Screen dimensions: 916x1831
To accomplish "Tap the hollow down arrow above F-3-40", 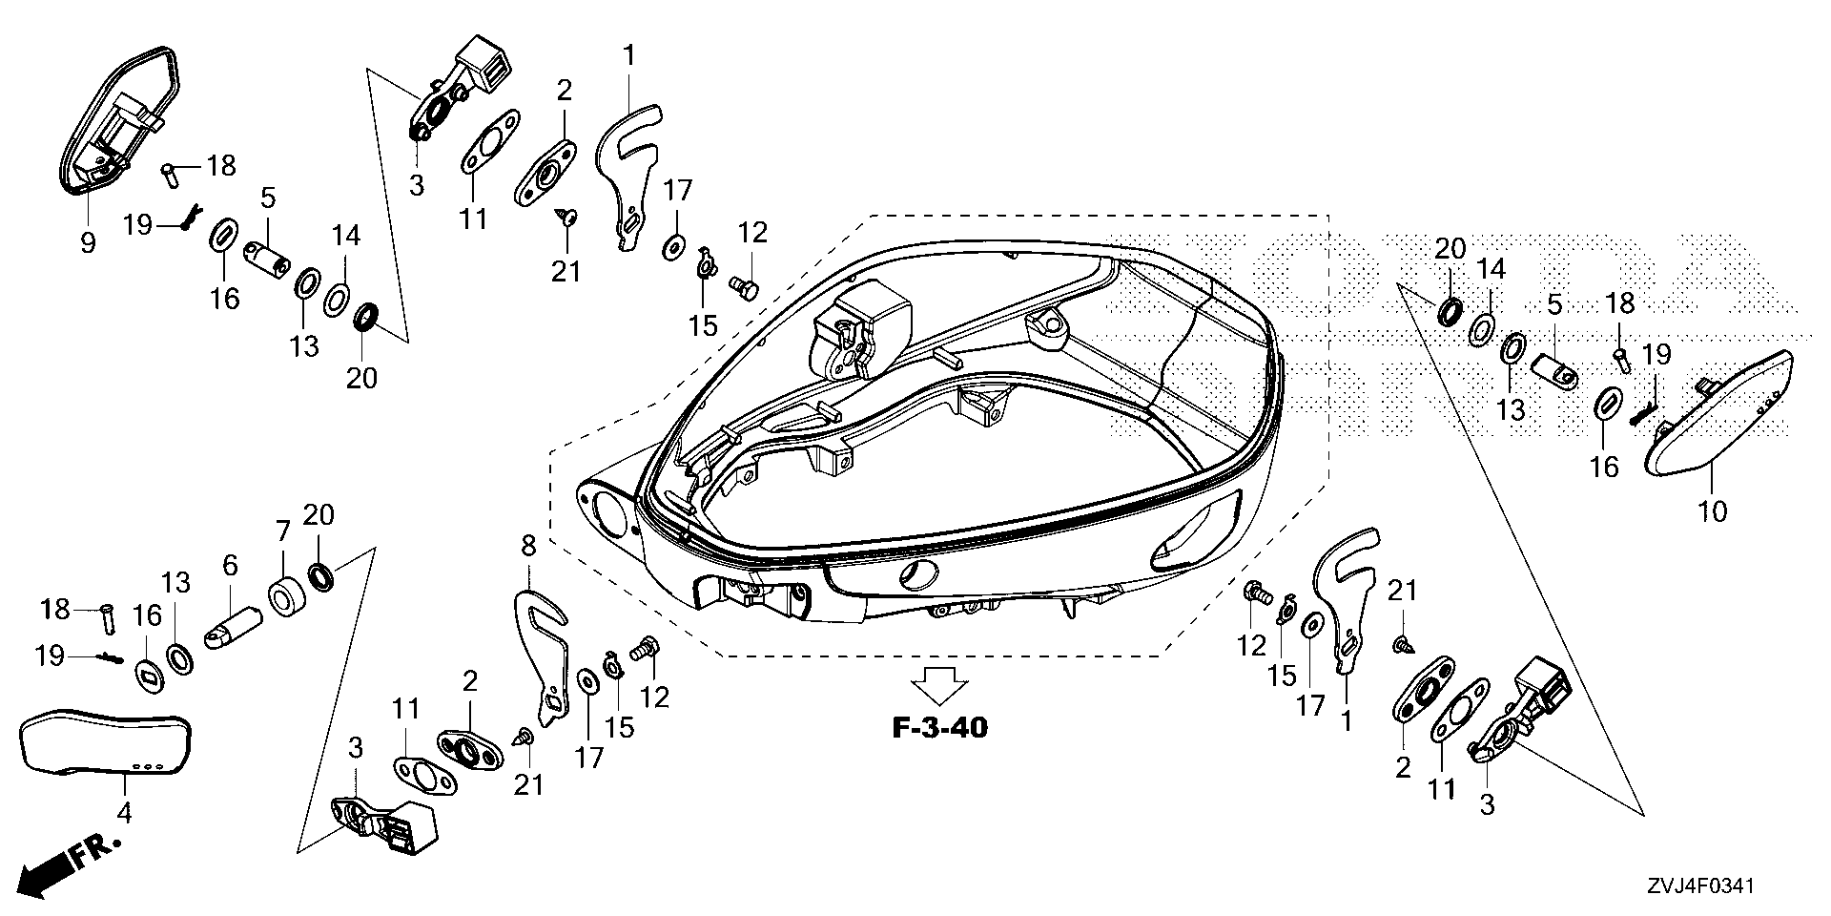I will pos(940,685).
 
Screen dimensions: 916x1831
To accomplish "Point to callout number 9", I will pos(88,242).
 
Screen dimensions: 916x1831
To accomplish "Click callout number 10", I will pos(1713,511).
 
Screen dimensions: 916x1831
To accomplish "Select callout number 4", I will pos(125,812).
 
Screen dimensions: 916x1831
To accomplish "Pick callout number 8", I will pos(527,546).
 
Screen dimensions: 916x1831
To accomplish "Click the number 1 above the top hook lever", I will pos(628,55).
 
